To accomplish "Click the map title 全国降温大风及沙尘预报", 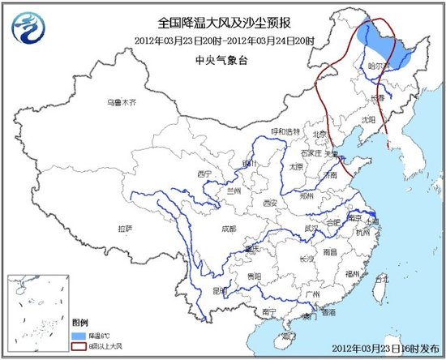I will tap(223, 25).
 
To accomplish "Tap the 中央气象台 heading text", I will tap(222, 59).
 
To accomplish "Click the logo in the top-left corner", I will tap(27, 28).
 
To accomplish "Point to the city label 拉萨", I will tap(125, 228).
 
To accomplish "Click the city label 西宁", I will tap(203, 174).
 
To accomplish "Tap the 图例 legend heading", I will tap(79, 322).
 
